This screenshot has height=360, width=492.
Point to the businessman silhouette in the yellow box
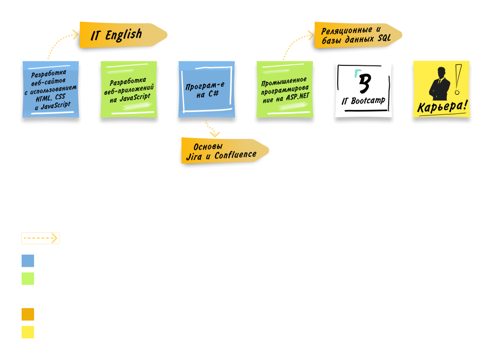439,83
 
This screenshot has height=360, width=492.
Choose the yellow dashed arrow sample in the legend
40,238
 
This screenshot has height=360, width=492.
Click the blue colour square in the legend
28,261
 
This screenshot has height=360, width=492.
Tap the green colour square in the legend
28,278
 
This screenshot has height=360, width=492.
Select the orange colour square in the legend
28,314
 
